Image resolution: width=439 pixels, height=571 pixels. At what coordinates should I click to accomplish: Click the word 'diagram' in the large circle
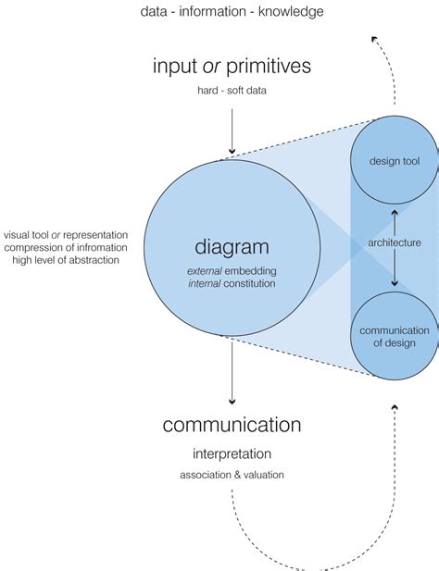click(x=232, y=247)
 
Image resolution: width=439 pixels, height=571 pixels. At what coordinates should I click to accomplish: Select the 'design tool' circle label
click(x=395, y=162)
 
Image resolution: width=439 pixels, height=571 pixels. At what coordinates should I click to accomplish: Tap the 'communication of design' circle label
click(x=395, y=337)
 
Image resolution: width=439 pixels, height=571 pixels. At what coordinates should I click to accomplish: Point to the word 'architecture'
click(x=395, y=242)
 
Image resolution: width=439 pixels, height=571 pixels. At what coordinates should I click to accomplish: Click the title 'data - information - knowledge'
click(x=232, y=12)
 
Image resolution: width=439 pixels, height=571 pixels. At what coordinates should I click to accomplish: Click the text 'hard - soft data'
click(x=232, y=92)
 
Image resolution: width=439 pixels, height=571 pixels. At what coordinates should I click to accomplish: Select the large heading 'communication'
click(x=232, y=425)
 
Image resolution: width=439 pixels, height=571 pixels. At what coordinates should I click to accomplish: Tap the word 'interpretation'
click(x=232, y=454)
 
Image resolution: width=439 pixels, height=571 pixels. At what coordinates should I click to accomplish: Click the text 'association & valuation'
click(x=232, y=476)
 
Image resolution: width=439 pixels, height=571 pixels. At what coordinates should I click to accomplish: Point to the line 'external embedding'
click(x=232, y=269)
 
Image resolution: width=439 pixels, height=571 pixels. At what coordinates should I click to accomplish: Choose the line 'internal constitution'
click(x=232, y=284)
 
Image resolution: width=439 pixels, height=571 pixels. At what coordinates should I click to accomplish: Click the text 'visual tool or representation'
click(x=66, y=235)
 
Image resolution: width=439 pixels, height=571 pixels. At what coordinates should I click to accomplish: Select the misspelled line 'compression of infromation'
click(x=66, y=248)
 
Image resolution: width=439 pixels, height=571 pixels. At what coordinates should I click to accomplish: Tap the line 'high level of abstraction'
click(x=66, y=261)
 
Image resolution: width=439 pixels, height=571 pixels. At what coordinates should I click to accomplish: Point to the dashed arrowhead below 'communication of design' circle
click(x=395, y=407)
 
